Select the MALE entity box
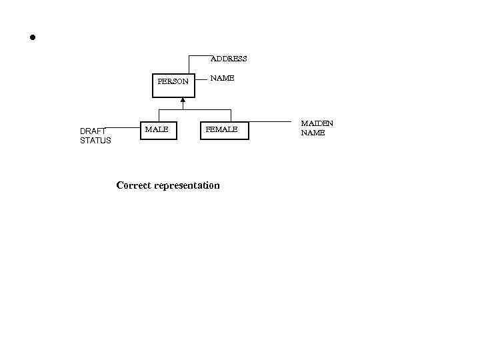click(157, 129)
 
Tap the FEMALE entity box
click(221, 129)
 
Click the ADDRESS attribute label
click(229, 59)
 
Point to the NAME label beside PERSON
click(223, 78)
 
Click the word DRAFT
click(93, 131)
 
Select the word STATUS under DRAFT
click(95, 141)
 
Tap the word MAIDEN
click(317, 123)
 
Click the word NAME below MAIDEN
click(313, 133)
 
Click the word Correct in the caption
click(133, 185)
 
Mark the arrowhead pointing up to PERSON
click(183, 101)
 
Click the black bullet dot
click(31, 37)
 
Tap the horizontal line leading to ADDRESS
click(199, 55)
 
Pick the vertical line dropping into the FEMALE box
click(231, 115)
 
